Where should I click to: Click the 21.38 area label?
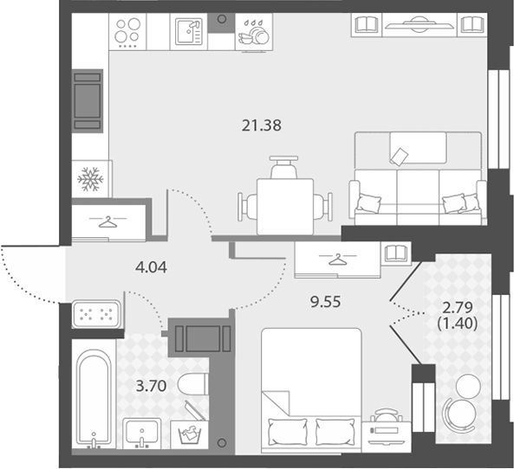261,125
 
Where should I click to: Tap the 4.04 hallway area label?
151,267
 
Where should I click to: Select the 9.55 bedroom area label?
326,302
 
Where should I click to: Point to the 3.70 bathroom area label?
151,386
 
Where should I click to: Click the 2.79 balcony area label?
458,308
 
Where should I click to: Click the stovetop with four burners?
127,32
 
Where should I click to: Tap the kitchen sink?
188,32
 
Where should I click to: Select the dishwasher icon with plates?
254,34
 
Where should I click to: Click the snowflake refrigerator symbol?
90,179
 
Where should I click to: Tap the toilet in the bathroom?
192,384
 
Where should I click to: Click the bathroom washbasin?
142,434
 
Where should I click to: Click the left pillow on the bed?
288,432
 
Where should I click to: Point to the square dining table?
285,207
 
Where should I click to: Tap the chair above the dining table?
284,167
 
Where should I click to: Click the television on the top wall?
420,24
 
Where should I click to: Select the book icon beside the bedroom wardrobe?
396,253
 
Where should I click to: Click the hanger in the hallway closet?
107,222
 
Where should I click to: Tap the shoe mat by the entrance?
96,314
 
